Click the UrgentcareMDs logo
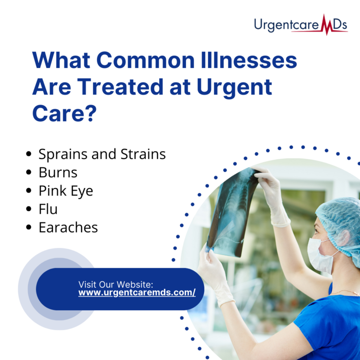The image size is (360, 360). tap(300, 25)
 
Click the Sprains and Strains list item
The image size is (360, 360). tap(102, 154)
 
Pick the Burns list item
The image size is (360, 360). tap(58, 172)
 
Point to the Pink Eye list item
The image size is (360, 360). tap(66, 191)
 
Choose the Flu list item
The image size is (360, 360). tap(48, 209)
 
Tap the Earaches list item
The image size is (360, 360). tap(68, 227)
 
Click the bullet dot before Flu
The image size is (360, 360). tap(30, 210)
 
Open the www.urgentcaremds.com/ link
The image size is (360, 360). tap(137, 292)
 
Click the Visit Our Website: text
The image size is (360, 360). tap(116, 284)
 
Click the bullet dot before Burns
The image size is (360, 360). tap(30, 172)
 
